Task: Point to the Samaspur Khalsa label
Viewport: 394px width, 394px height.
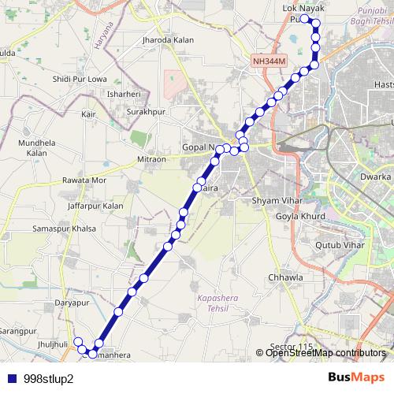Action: coord(64,229)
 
